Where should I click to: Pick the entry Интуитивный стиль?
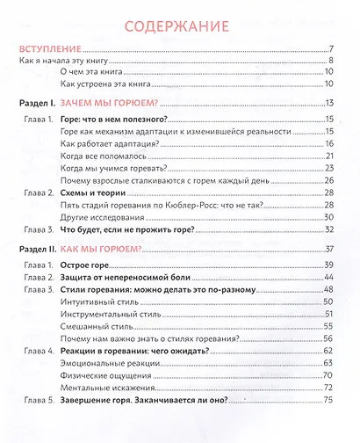point(99,301)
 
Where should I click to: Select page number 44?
point(328,277)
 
